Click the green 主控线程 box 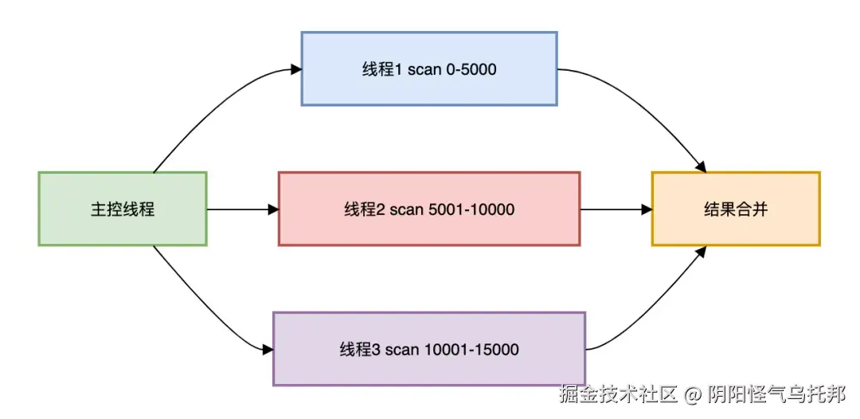tap(122, 209)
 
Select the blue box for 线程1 tap(428, 69)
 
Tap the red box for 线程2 tap(428, 209)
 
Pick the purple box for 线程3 tap(428, 349)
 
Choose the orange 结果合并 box tap(735, 209)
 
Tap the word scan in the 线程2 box tap(407, 209)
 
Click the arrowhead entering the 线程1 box tap(296, 69)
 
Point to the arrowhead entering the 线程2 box tap(273, 209)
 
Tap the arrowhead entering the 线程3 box tap(268, 349)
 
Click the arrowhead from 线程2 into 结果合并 tap(647, 209)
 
